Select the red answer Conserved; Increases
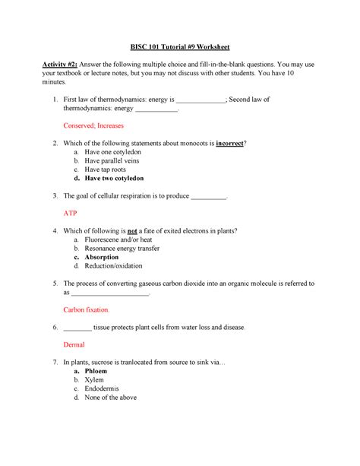pos(93,125)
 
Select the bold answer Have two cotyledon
pos(120,179)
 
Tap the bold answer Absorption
pos(107,258)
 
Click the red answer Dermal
pos(75,344)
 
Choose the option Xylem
pos(96,379)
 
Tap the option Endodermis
pos(105,388)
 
